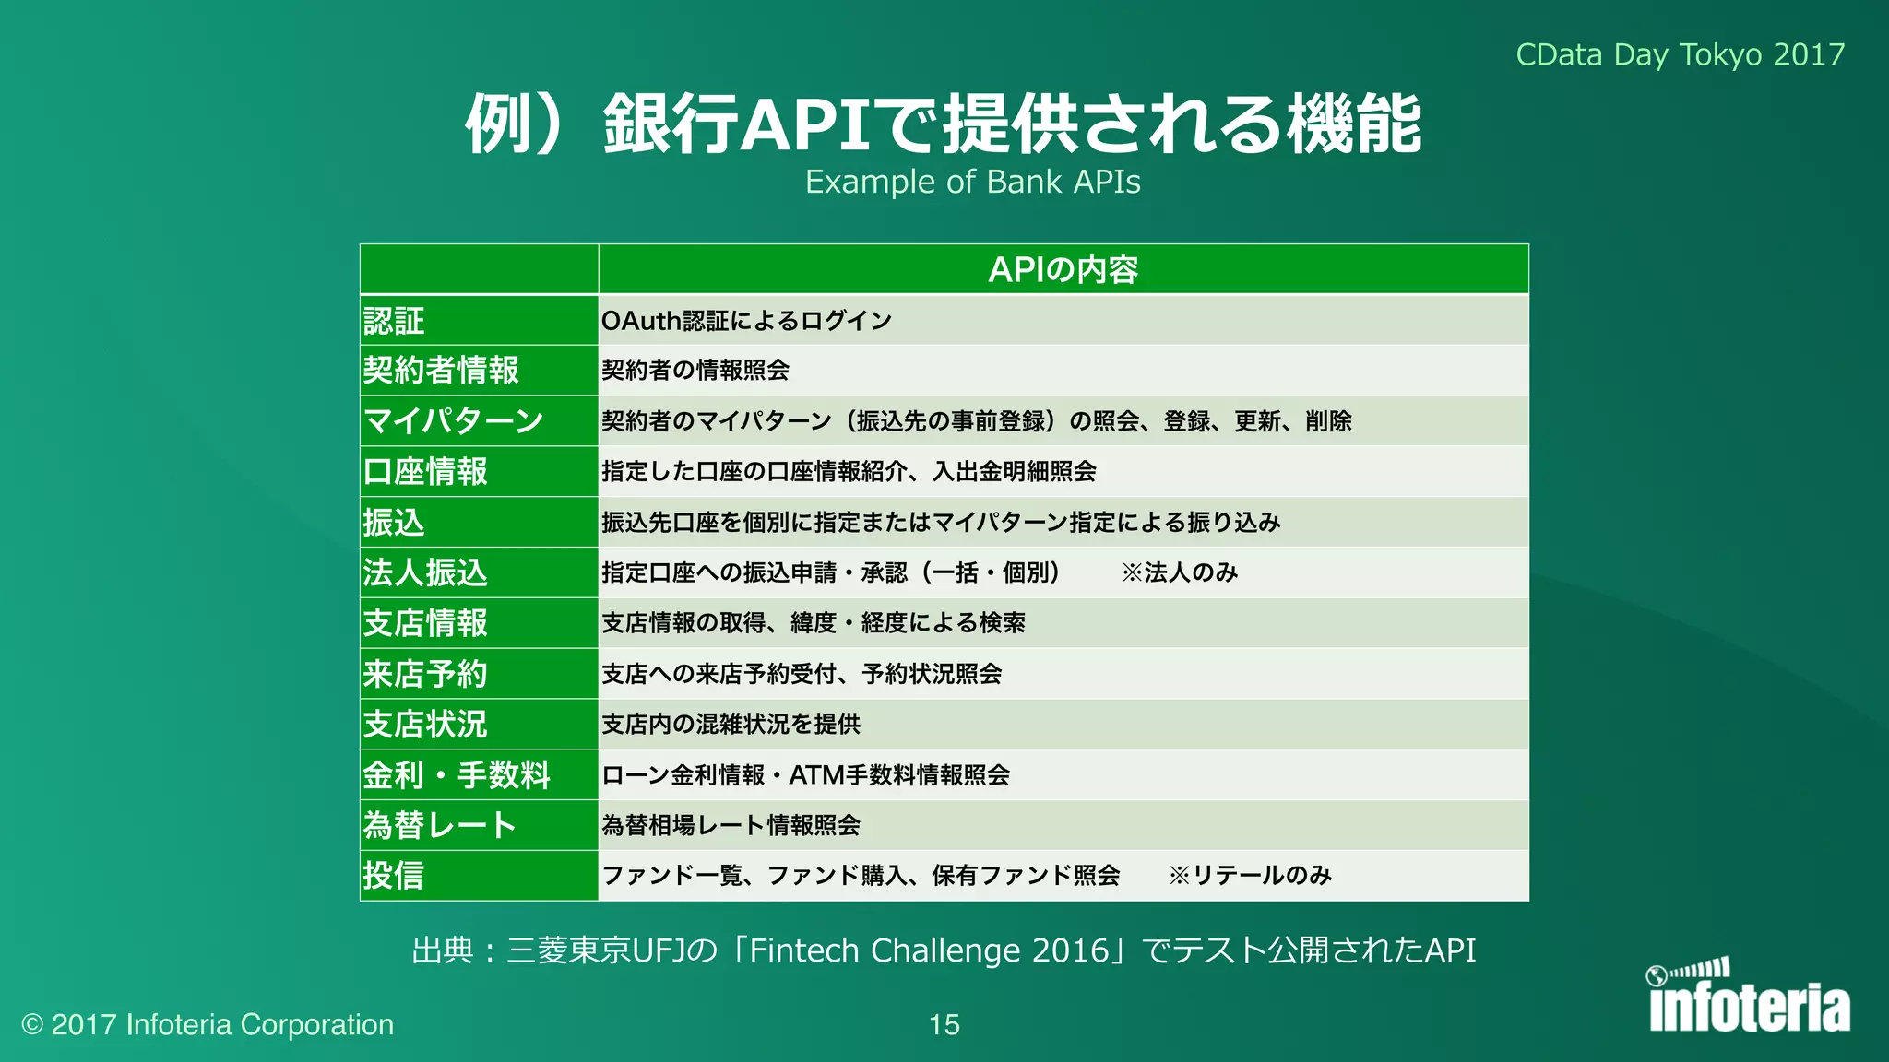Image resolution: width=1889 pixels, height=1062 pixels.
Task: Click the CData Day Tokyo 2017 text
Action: tap(1680, 54)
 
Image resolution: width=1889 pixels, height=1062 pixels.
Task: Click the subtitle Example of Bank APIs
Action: tap(972, 182)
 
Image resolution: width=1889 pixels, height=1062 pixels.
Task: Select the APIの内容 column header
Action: tap(1063, 269)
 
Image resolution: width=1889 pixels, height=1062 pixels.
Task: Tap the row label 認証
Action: tap(394, 321)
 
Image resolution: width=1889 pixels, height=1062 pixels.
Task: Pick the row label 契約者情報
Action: tap(441, 371)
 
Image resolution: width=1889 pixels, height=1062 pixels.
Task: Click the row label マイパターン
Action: tap(454, 421)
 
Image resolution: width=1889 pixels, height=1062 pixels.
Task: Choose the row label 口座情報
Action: tap(425, 472)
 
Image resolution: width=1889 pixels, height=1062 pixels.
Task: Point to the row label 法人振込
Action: tap(425, 572)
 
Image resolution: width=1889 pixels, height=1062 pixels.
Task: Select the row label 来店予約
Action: tap(425, 674)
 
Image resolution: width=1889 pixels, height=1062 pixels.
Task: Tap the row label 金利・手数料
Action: tap(457, 775)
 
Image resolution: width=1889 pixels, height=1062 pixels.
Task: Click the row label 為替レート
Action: tap(440, 825)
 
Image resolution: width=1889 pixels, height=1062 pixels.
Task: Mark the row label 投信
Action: tap(394, 876)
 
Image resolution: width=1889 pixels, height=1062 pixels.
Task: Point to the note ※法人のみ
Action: tap(1180, 572)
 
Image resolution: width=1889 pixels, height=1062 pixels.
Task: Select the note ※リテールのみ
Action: tap(1250, 876)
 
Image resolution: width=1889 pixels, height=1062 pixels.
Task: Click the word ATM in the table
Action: tap(816, 775)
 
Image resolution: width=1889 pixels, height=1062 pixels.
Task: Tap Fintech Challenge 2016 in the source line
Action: tap(929, 950)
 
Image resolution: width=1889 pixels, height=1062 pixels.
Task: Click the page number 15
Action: tap(944, 1024)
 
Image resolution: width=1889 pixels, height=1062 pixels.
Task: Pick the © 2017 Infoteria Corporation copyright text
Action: tap(208, 1024)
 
